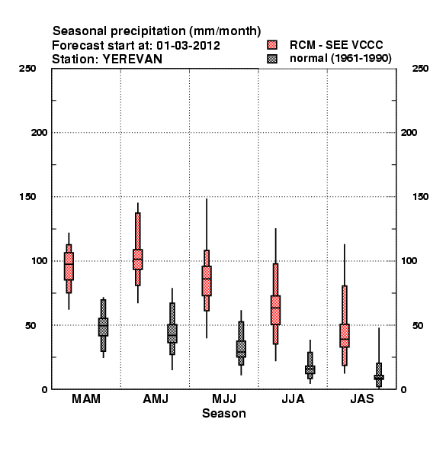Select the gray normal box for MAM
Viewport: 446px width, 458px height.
point(103,327)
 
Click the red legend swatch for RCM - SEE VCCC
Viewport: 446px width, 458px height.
point(272,45)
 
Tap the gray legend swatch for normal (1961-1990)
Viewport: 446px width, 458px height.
point(272,59)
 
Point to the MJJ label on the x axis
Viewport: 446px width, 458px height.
point(224,398)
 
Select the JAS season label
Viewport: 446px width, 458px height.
point(362,398)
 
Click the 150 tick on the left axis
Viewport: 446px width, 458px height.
point(27,197)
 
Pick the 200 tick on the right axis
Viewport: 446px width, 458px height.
point(409,132)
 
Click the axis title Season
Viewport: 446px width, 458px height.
point(224,413)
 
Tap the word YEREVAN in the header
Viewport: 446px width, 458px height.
point(132,60)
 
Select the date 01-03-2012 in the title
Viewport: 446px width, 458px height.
point(188,46)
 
